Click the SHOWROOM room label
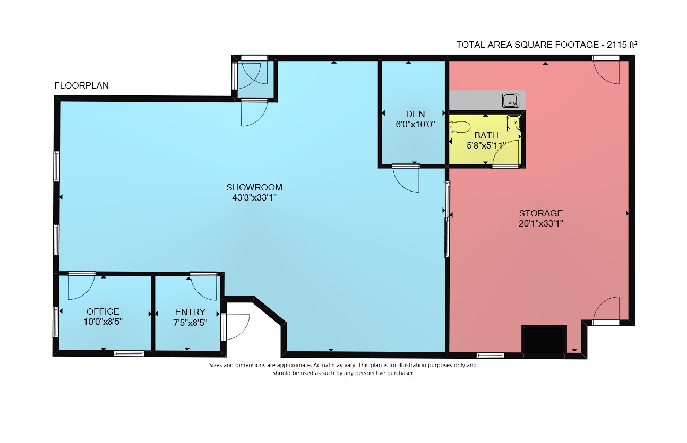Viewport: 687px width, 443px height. pyautogui.click(x=254, y=187)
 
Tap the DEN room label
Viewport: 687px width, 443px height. pyautogui.click(x=415, y=115)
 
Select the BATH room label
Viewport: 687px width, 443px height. pyautogui.click(x=486, y=135)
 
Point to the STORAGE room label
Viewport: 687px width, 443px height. pyautogui.click(x=540, y=213)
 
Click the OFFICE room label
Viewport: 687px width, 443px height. pyautogui.click(x=103, y=311)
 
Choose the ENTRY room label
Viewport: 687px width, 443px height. pyautogui.click(x=190, y=312)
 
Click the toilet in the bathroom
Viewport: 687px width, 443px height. pyautogui.click(x=460, y=127)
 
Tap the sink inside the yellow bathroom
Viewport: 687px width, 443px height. pyautogui.click(x=514, y=124)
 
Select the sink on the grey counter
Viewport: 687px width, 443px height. pyautogui.click(x=511, y=101)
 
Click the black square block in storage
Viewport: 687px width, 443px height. pyautogui.click(x=544, y=340)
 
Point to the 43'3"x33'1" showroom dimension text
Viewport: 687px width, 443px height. pyautogui.click(x=254, y=198)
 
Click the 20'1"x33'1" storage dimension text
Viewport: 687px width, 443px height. pyautogui.click(x=540, y=223)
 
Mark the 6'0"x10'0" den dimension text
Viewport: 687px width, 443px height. pyautogui.click(x=415, y=125)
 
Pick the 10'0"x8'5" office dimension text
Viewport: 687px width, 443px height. pyautogui.click(x=103, y=322)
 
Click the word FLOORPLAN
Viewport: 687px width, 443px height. pyautogui.click(x=82, y=85)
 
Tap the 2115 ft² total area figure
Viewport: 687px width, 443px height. pyautogui.click(x=622, y=45)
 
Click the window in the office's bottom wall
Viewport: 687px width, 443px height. pyautogui.click(x=129, y=353)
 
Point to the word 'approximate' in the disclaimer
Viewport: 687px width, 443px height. pyautogui.click(x=294, y=365)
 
